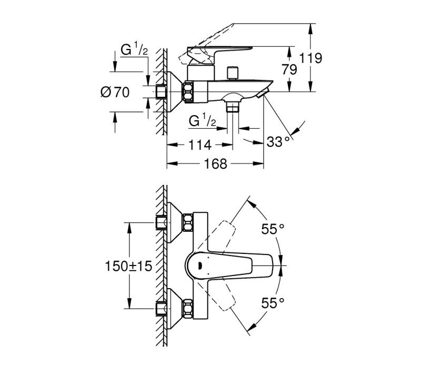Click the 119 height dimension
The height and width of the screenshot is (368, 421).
pos(310,58)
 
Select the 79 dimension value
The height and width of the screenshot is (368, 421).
pos(289,69)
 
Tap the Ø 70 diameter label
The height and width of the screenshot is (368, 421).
pos(115,93)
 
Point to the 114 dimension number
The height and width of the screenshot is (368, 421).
pos(200,145)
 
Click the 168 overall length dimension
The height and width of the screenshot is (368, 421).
pos(215,163)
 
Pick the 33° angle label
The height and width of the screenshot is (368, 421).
pos(278,141)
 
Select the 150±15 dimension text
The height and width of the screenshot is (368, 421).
pos(128,266)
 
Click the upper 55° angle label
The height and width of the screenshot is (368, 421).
pos(273,229)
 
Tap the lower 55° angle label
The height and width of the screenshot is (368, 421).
pos(273,303)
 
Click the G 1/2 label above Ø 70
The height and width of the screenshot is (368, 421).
pos(134,49)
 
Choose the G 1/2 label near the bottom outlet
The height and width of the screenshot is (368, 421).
pos(202,120)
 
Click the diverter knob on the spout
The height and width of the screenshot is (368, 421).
pos(232,73)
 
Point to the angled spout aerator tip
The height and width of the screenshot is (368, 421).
pos(262,93)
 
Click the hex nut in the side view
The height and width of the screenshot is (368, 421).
pos(188,92)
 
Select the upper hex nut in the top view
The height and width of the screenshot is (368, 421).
pos(188,222)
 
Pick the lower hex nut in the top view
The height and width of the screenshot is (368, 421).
pos(188,309)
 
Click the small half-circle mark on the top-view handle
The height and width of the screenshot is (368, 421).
pos(199,266)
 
